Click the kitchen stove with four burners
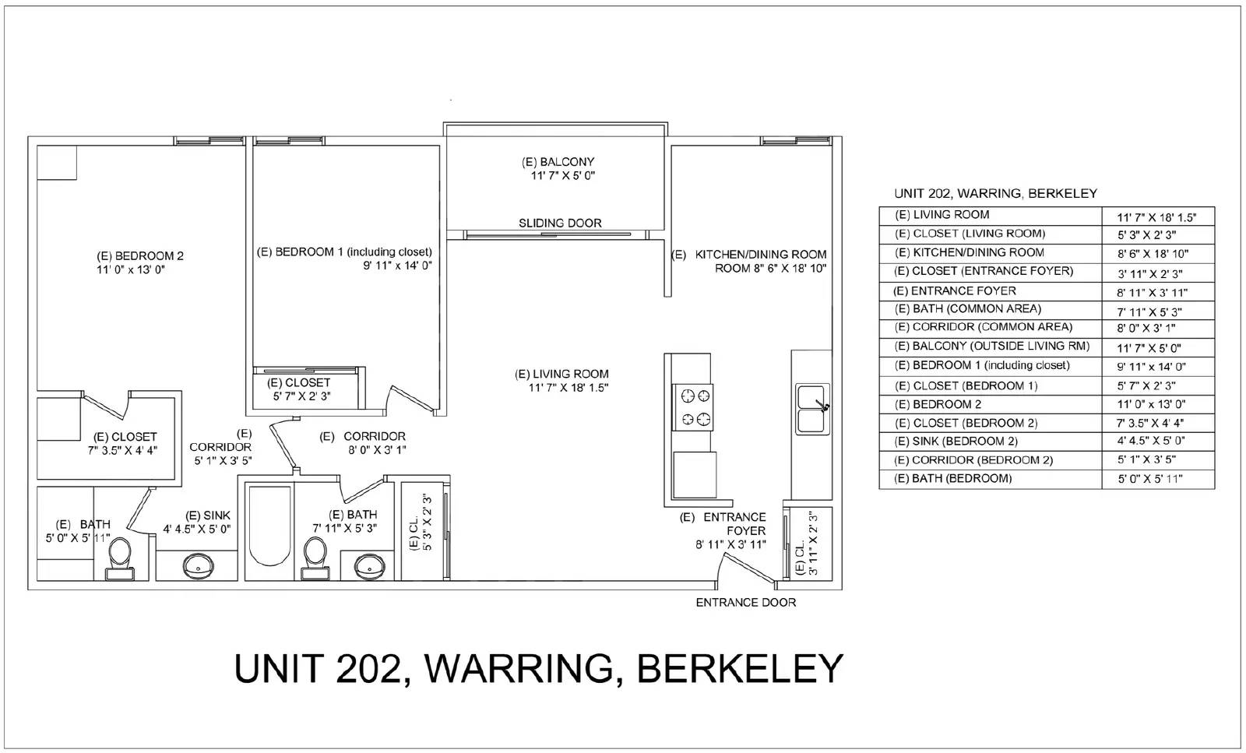[x=692, y=407]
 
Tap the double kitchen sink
[x=813, y=409]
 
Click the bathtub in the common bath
[x=269, y=526]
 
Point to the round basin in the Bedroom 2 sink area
[x=198, y=567]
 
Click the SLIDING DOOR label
[x=560, y=223]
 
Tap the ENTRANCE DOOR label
[x=746, y=602]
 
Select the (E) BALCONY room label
[x=558, y=162]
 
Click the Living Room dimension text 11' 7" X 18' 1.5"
[x=568, y=388]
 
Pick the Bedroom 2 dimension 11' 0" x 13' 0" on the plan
[x=131, y=269]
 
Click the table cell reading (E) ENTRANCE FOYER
[x=955, y=291]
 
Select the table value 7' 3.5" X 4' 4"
[x=1149, y=423]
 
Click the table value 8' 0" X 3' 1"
[x=1146, y=328]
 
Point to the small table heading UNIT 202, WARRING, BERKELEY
[x=996, y=194]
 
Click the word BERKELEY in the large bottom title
[x=740, y=668]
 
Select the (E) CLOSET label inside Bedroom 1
[x=299, y=382]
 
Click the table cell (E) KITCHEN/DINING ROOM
[x=969, y=252]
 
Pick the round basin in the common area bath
[x=370, y=567]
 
